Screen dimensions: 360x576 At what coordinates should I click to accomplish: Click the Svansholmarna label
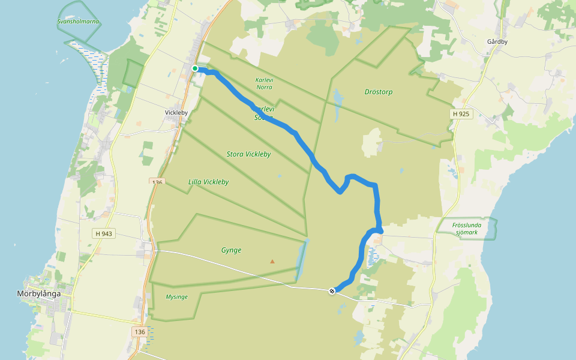(78, 22)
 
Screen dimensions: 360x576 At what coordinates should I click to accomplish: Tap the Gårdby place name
(498, 43)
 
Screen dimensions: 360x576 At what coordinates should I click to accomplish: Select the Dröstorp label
(379, 92)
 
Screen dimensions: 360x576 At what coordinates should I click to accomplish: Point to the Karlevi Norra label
(263, 83)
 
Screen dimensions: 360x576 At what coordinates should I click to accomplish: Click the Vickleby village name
(176, 112)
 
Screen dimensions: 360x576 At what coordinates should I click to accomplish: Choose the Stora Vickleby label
(248, 154)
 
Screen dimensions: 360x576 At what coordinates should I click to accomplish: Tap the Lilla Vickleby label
(208, 182)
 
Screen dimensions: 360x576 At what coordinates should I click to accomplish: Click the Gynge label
(231, 250)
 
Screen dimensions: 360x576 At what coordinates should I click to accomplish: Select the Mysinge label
(176, 297)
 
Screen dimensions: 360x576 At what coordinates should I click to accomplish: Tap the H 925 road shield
(461, 113)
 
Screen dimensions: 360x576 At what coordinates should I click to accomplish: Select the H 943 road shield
(103, 234)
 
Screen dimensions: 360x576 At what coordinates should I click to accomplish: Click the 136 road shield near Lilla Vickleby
(157, 182)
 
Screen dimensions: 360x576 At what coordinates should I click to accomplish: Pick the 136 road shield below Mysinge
(140, 332)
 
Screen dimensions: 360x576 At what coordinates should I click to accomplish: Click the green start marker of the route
(195, 68)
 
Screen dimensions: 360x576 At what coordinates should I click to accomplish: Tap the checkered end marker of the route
(332, 291)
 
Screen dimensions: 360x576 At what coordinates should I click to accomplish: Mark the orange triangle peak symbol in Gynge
(272, 261)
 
